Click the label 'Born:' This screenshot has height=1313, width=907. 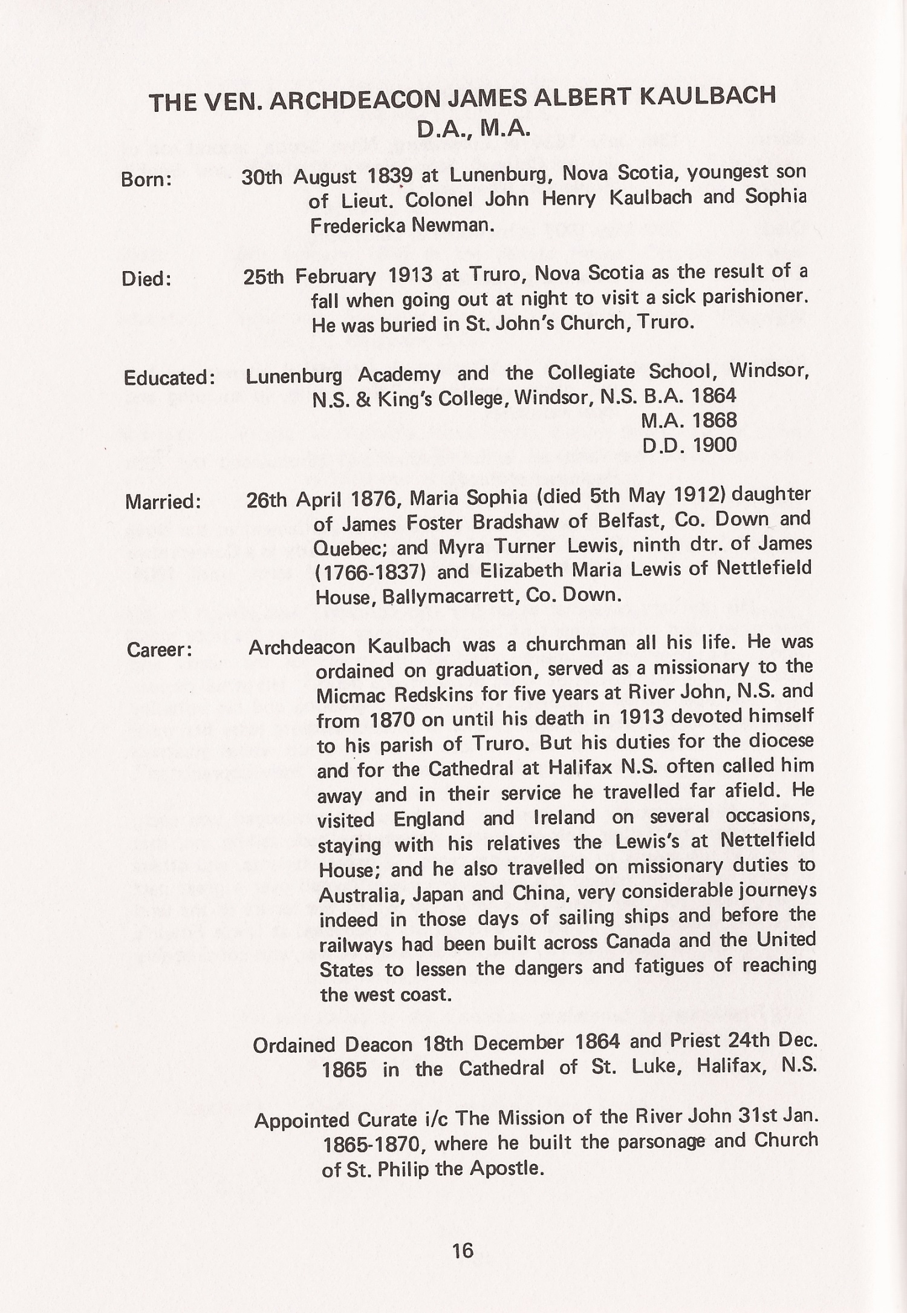(x=147, y=180)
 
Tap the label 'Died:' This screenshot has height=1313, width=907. (x=146, y=279)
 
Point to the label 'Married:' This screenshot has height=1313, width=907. (x=163, y=502)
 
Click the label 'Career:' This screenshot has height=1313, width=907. (x=160, y=650)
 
